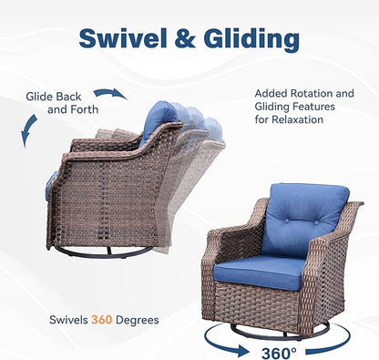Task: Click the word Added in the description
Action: [271, 92]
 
